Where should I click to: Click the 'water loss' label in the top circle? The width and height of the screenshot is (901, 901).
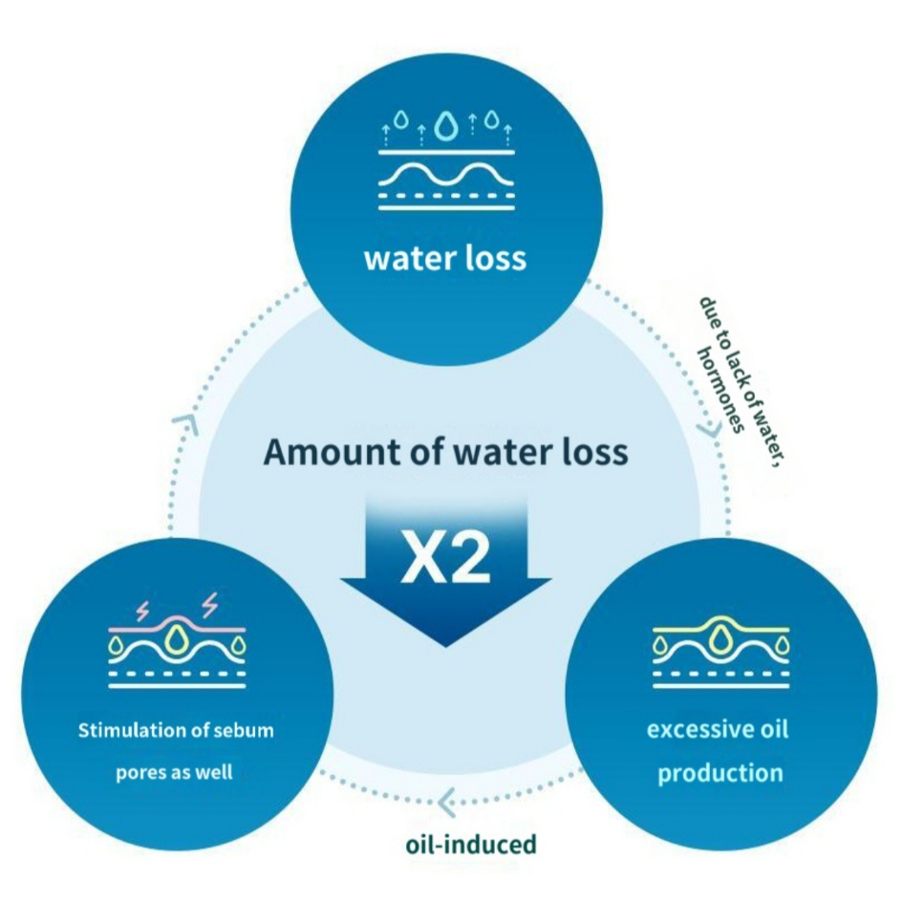445,258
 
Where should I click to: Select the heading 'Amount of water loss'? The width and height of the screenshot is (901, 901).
445,452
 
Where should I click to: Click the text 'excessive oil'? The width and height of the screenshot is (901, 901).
719,731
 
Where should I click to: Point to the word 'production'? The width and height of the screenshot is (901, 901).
719,772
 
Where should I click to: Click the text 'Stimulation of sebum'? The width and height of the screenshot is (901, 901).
176,731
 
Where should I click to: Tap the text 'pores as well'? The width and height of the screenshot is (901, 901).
176,772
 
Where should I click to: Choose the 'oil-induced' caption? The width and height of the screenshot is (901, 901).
468,845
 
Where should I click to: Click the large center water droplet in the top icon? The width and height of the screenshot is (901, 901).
446,125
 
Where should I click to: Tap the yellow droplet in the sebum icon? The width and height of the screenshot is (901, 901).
176,638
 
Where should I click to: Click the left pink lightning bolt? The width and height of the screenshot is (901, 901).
145,608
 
